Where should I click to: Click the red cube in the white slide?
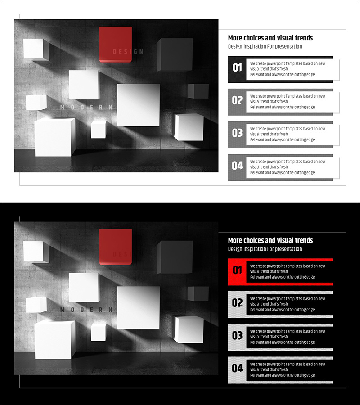[x=116, y=45]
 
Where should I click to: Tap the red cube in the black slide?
[x=116, y=247]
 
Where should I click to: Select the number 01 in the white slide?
[x=237, y=67]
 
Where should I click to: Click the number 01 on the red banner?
[x=237, y=270]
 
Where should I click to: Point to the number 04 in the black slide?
[x=237, y=368]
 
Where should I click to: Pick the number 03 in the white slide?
[x=237, y=133]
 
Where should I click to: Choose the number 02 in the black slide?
[x=237, y=303]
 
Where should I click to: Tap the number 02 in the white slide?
[x=237, y=100]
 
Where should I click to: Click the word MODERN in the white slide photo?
[x=86, y=107]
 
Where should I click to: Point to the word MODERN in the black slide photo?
[x=86, y=310]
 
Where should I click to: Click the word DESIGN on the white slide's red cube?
[x=128, y=52]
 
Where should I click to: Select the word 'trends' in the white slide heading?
[x=304, y=38]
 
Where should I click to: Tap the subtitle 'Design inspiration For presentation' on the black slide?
[x=265, y=249]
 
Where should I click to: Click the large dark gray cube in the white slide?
[x=175, y=55]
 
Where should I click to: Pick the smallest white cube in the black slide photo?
[x=99, y=332]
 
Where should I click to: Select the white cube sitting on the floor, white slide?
[x=55, y=137]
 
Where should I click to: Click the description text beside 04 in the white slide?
[x=288, y=167]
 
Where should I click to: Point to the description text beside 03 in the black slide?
[x=288, y=337]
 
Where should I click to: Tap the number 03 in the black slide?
[x=237, y=336]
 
